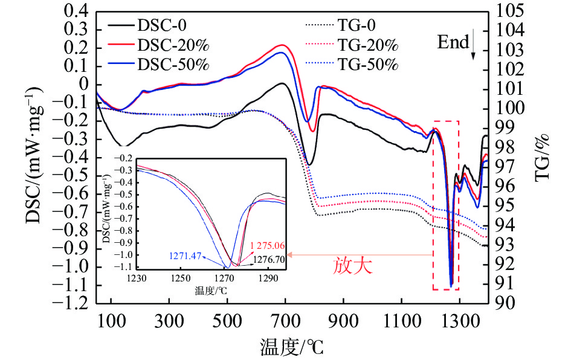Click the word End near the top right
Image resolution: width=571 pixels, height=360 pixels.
[454, 42]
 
